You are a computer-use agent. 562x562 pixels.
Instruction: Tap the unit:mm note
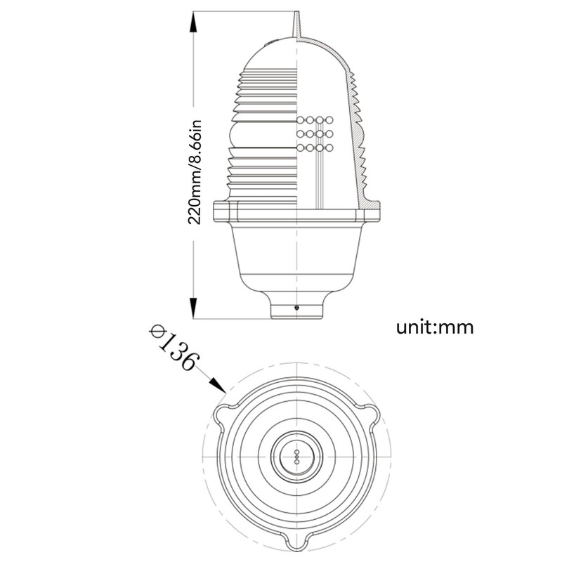[x=435, y=327]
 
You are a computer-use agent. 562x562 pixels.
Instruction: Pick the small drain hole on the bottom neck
[x=298, y=308]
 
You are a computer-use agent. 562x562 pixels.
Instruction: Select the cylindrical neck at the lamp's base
[x=298, y=306]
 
